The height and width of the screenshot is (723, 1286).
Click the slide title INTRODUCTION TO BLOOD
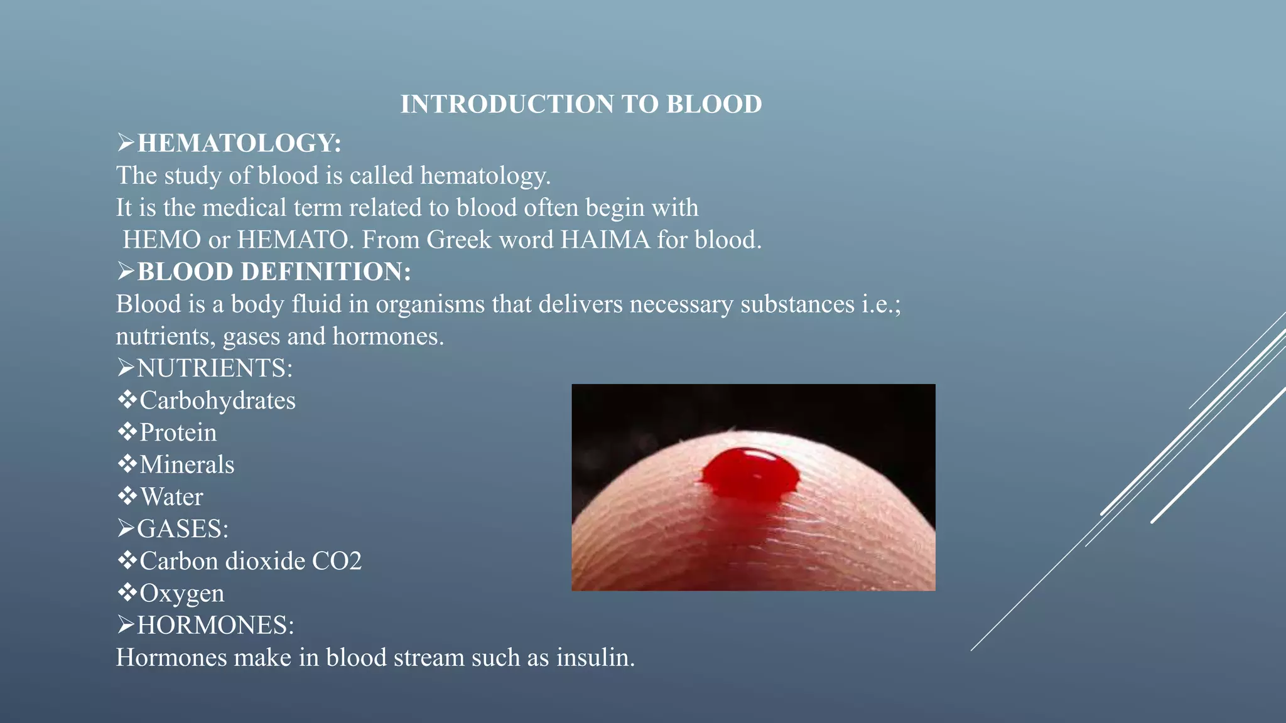[581, 104]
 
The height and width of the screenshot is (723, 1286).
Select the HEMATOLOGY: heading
[239, 143]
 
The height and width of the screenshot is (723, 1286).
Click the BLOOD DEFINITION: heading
[274, 272]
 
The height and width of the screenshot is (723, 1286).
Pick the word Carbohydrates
[217, 400]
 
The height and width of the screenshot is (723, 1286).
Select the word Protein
[178, 432]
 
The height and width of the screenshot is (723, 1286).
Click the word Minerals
[186, 464]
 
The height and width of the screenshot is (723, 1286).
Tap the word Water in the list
[171, 497]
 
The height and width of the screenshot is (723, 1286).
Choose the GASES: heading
[183, 529]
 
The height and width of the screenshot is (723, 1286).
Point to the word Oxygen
[181, 594]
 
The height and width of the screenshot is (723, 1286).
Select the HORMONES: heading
[215, 625]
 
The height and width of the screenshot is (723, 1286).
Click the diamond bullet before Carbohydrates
[127, 399]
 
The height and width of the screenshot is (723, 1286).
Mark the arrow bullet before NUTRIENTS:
[126, 368]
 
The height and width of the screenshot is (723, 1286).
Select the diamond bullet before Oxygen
[127, 592]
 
